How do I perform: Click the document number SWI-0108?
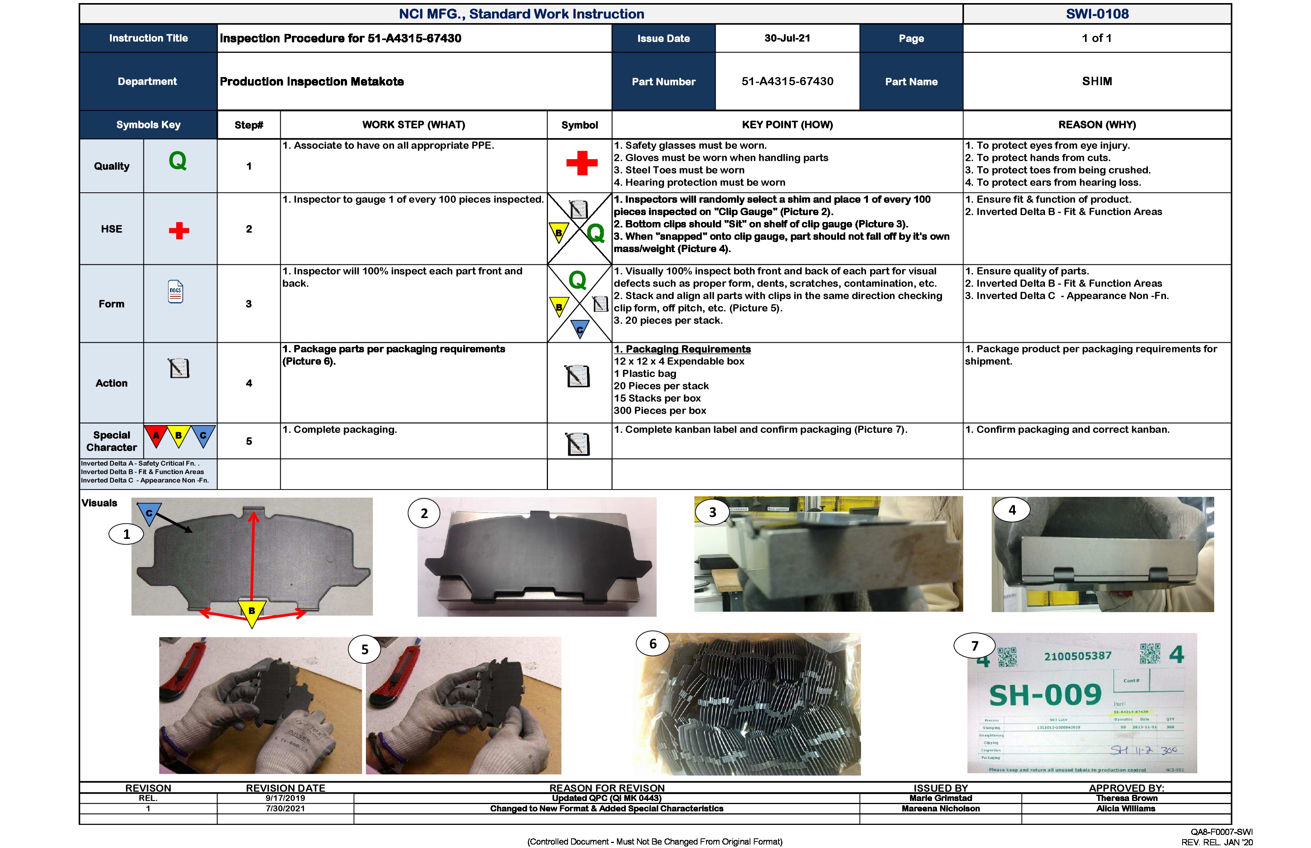coord(1097,14)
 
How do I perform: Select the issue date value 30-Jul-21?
coord(787,38)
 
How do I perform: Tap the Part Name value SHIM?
coord(1097,81)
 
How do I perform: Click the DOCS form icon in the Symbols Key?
coord(175,291)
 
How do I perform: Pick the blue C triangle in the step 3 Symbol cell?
coord(580,329)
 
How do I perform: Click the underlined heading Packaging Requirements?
coord(682,349)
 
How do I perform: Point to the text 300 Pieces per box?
coord(660,411)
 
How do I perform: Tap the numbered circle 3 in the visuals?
coord(712,512)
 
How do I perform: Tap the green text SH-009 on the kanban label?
coord(1045,695)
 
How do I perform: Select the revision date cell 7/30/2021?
coord(285,808)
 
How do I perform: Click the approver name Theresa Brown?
coord(1126,798)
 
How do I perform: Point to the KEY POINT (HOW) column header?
coord(787,125)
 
